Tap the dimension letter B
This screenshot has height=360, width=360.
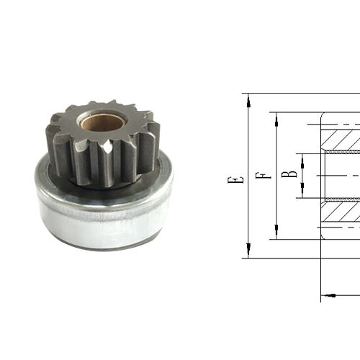tap(287, 174)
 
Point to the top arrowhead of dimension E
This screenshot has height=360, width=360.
tap(248, 100)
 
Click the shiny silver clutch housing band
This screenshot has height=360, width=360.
tap(101, 216)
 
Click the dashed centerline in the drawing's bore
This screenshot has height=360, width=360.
tap(338, 176)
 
